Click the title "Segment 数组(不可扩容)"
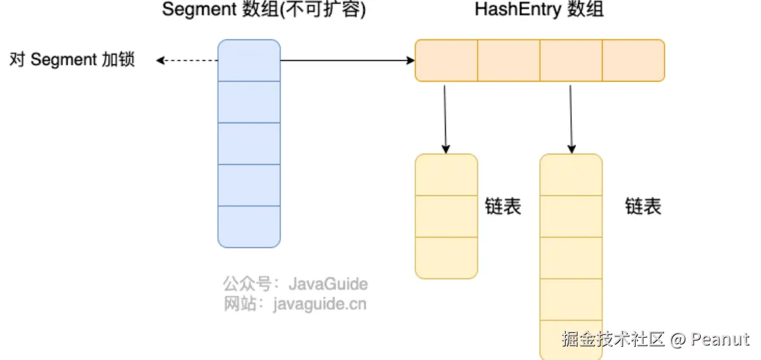(x=264, y=10)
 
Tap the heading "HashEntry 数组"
(x=539, y=10)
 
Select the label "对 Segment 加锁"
(x=72, y=60)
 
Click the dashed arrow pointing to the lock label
(x=187, y=61)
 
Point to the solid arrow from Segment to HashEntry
(x=348, y=61)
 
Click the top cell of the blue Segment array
(x=249, y=61)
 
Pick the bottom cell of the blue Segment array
(x=249, y=227)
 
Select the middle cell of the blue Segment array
(x=249, y=143)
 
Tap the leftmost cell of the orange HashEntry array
(x=447, y=61)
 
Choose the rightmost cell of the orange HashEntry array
(x=634, y=61)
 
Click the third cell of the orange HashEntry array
(x=571, y=61)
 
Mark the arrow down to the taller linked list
(x=571, y=119)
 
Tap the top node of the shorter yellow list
(x=447, y=174)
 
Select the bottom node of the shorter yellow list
(x=447, y=258)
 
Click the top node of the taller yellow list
(x=571, y=174)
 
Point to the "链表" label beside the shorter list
(x=503, y=207)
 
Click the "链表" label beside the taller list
(x=643, y=207)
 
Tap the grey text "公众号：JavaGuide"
(x=296, y=284)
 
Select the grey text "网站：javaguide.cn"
(x=295, y=304)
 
